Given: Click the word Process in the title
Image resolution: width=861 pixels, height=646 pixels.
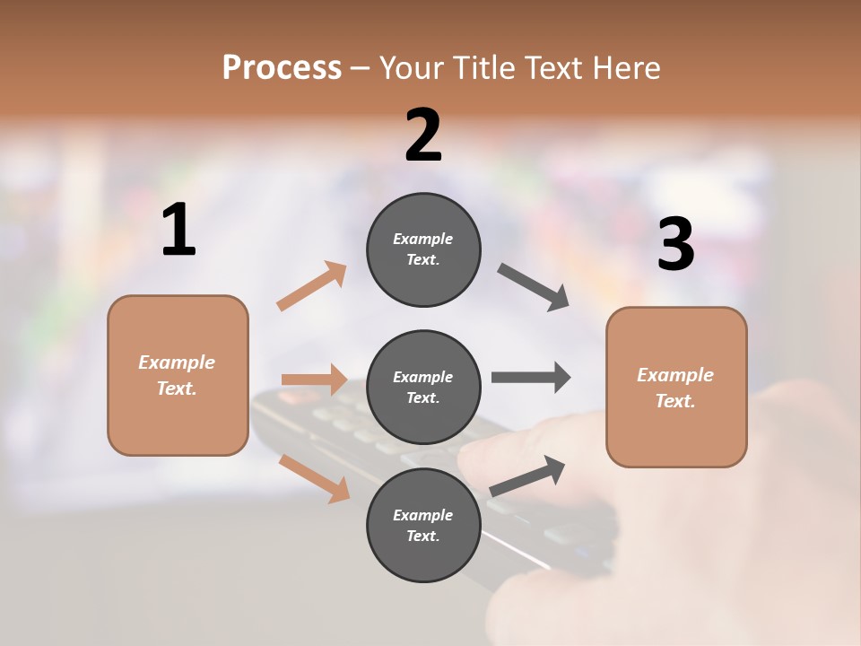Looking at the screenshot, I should [x=282, y=68].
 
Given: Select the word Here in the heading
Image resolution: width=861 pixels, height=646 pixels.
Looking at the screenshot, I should [x=630, y=68].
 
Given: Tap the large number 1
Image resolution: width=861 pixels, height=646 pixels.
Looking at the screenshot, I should [x=178, y=231].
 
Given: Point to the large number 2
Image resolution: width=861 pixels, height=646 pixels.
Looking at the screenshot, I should [x=423, y=135].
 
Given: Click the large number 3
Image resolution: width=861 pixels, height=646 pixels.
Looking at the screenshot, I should [x=675, y=245].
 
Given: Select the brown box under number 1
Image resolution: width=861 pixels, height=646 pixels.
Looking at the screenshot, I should [x=178, y=375].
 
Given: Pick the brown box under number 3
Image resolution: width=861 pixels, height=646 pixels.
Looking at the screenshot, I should [x=676, y=387].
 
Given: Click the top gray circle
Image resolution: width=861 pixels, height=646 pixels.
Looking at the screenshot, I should [x=423, y=249].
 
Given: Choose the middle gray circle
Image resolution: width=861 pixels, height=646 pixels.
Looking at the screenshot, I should [x=423, y=387].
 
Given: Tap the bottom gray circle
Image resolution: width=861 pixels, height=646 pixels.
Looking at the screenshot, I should [x=423, y=525].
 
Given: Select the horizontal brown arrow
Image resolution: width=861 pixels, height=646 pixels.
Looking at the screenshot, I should [x=314, y=380].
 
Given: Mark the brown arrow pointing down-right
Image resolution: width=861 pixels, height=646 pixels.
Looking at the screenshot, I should [x=314, y=478].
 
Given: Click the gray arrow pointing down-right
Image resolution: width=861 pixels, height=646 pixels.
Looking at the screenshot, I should [x=534, y=287].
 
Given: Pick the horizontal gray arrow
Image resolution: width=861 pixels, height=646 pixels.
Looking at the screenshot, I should [x=531, y=378].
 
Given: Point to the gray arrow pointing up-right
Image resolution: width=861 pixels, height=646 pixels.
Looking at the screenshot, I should [x=527, y=476].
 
